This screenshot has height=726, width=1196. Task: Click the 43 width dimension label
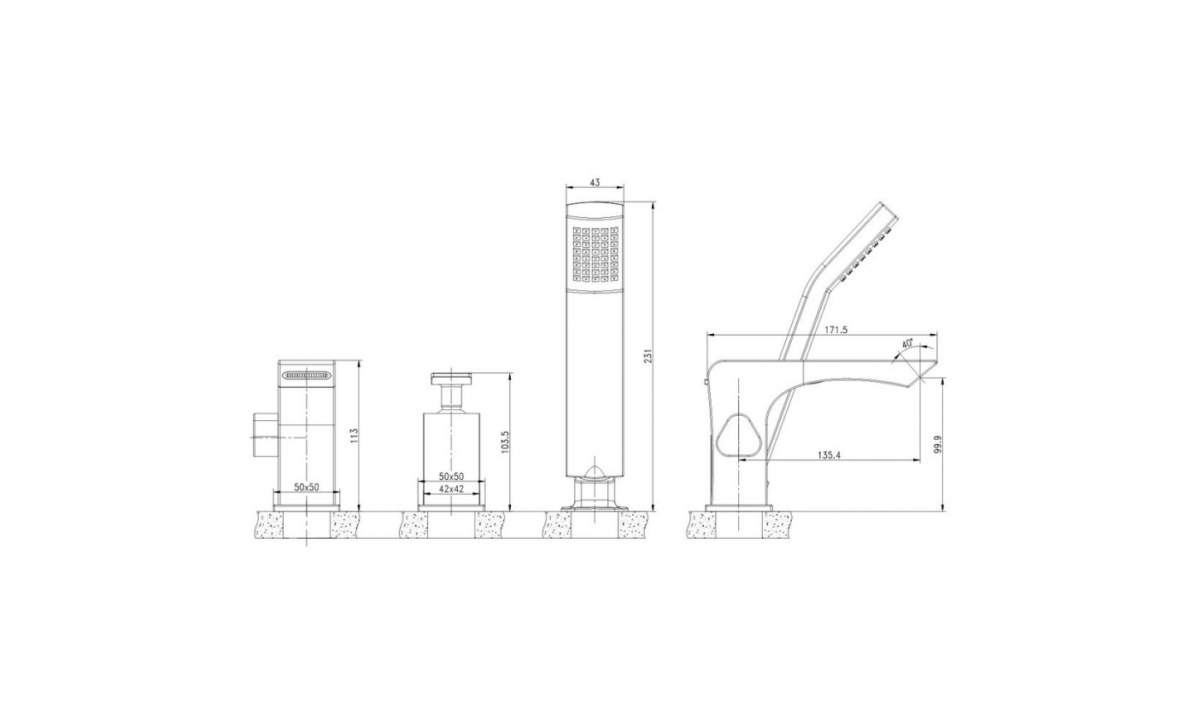tap(595, 182)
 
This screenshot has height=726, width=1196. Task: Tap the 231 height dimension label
tap(648, 357)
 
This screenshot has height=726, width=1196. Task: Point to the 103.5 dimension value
tap(506, 442)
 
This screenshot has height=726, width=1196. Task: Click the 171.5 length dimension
tap(836, 330)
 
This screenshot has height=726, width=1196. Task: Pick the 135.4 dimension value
tap(830, 454)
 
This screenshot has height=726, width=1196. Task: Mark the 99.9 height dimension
tap(939, 444)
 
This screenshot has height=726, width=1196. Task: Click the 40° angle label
tap(907, 343)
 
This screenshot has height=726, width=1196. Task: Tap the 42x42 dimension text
tap(452, 489)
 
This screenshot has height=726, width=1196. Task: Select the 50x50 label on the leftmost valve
tap(307, 487)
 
